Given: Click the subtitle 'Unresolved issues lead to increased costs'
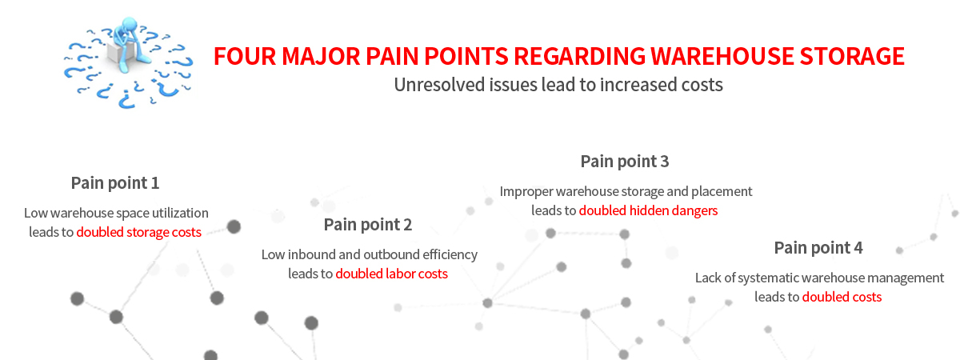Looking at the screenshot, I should tap(558, 85).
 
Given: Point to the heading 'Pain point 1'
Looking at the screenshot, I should tap(115, 182).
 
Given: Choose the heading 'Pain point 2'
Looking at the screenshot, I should tap(368, 224).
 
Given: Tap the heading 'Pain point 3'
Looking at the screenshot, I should tap(625, 162).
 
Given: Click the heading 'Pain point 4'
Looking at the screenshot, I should tap(818, 247).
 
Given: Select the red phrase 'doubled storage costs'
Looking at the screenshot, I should tap(139, 232).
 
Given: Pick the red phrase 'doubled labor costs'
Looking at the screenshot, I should tap(391, 274).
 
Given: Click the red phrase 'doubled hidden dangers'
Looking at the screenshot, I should tap(648, 211).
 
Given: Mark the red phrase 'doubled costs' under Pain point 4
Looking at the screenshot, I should tap(842, 297).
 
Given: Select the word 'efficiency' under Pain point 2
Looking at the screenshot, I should tap(448, 255).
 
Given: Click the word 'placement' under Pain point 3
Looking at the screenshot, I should tap(725, 192).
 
